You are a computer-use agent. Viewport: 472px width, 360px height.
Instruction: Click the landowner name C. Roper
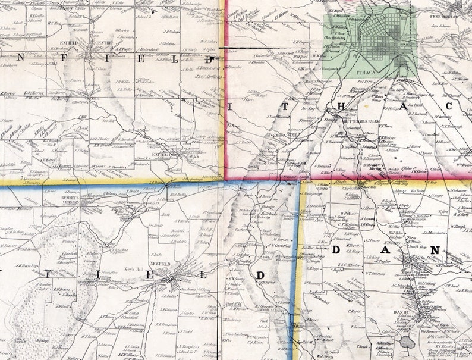coord(355,310)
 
